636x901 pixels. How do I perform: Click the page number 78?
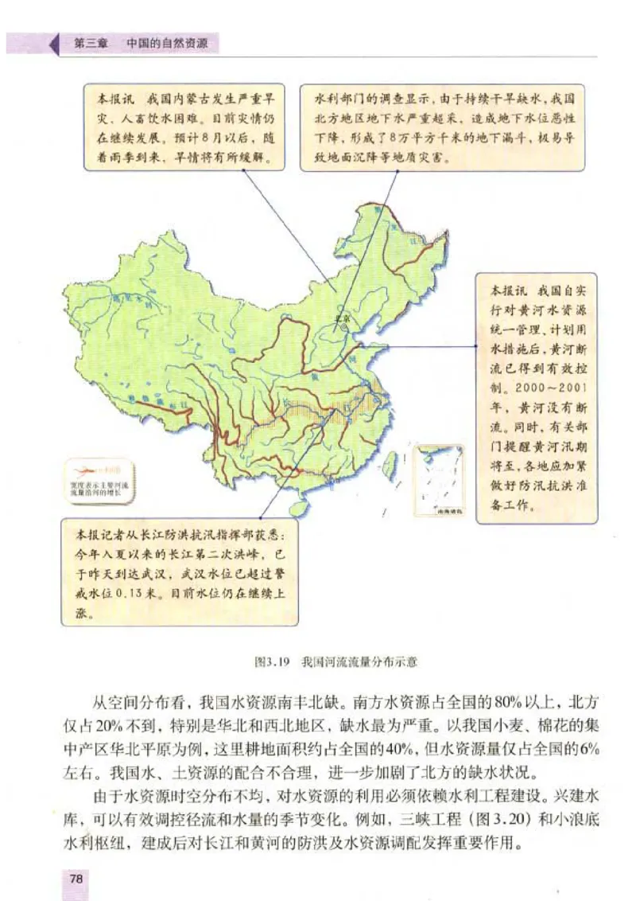click(x=77, y=878)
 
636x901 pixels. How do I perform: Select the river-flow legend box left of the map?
click(x=99, y=482)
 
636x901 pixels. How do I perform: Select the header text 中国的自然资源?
click(x=168, y=45)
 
